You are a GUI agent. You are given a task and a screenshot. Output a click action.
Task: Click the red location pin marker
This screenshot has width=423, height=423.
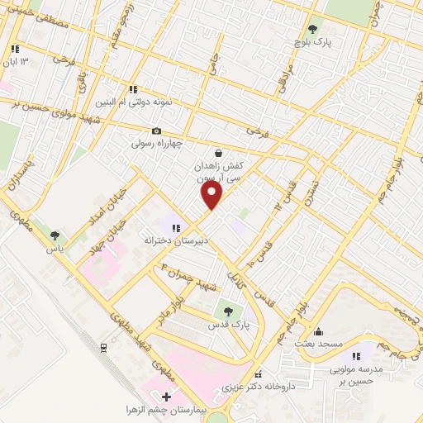[x=212, y=195]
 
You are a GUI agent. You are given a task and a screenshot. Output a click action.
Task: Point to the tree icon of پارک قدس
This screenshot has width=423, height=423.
[x=228, y=311]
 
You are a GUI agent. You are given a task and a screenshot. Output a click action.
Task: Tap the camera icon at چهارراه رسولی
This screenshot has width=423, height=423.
[x=157, y=131]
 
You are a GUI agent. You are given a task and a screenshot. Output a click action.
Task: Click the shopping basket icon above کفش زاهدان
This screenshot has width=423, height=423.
[x=217, y=153]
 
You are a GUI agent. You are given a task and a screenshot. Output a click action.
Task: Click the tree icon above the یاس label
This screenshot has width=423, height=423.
[x=55, y=235]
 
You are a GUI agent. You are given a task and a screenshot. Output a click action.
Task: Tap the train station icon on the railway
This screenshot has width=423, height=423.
[x=103, y=348]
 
